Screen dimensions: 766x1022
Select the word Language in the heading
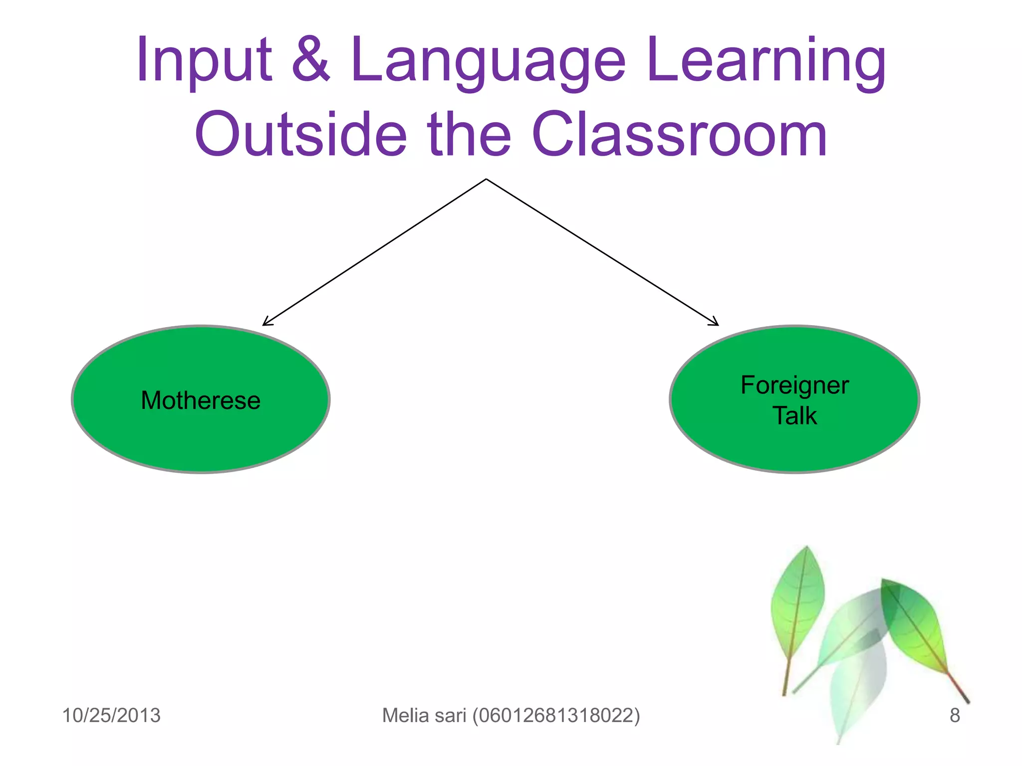(x=488, y=61)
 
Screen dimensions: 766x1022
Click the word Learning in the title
(x=766, y=61)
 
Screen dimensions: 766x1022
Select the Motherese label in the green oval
(x=201, y=400)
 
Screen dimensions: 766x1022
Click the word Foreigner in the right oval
(x=794, y=385)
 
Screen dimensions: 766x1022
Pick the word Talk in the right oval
(x=794, y=416)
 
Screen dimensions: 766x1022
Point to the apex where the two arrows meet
(x=486, y=180)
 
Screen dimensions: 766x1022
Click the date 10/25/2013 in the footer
(x=111, y=715)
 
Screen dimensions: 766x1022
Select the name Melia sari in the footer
(x=424, y=715)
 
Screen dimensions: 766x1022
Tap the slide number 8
(x=954, y=715)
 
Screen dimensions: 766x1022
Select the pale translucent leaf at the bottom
(x=856, y=688)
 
